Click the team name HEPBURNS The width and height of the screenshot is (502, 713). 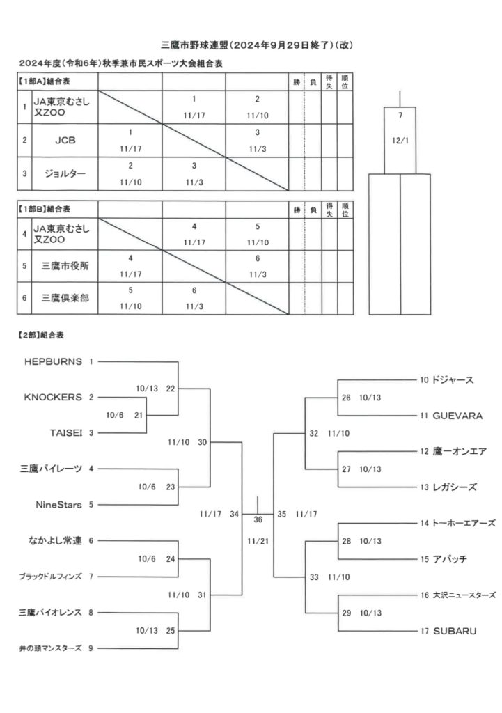(x=53, y=362)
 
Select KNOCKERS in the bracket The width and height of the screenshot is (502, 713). (x=53, y=398)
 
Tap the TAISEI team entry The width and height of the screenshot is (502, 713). (x=66, y=433)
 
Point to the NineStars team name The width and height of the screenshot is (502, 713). (x=58, y=505)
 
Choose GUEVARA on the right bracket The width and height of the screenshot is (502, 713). (x=457, y=416)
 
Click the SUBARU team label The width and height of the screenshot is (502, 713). (x=455, y=631)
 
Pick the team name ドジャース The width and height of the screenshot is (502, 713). (x=453, y=380)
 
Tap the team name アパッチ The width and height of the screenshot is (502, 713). (x=450, y=559)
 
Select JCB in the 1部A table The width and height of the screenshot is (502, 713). (x=65, y=141)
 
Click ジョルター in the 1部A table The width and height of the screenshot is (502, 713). (x=65, y=173)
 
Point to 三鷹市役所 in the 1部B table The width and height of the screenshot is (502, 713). (x=65, y=266)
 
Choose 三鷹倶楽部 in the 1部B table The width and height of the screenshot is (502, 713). (x=65, y=298)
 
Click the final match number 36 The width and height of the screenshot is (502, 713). (x=258, y=519)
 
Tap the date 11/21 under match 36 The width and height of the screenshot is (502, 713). (x=258, y=542)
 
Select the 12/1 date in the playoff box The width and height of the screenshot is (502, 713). (x=400, y=141)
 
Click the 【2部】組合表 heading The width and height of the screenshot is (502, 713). (x=41, y=336)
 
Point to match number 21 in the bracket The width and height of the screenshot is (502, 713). (x=139, y=415)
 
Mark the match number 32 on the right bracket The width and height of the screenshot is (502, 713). (x=314, y=434)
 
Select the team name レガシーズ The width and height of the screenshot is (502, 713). (x=455, y=487)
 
